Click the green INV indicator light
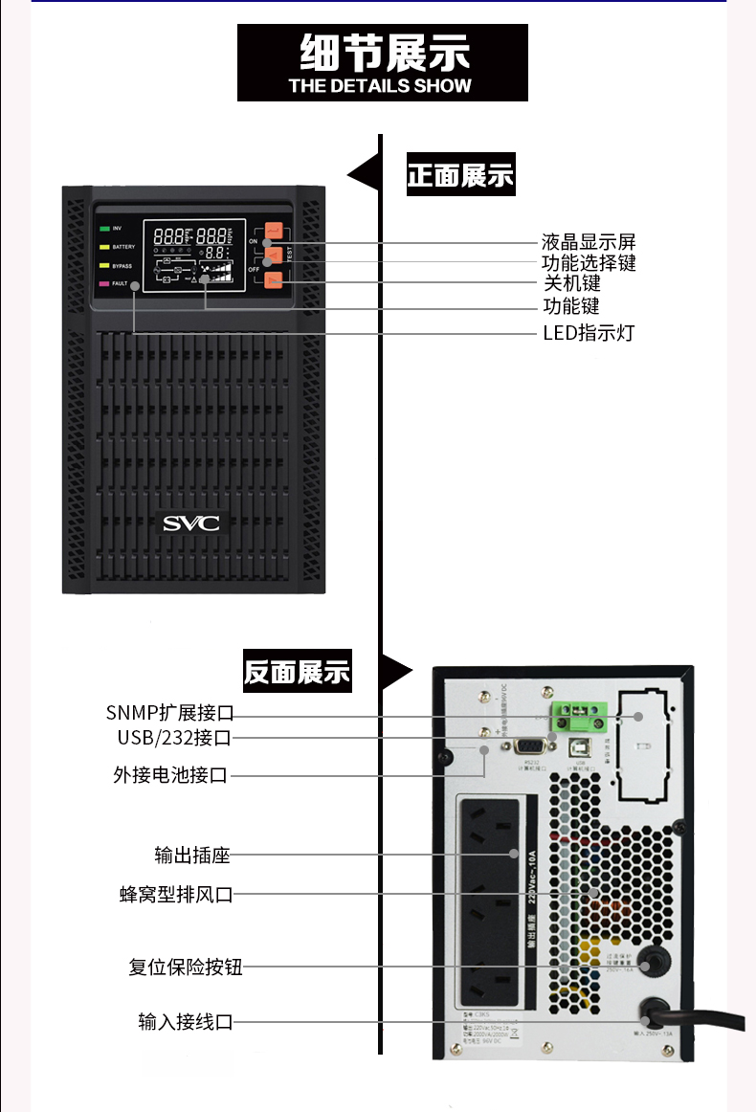click(x=104, y=229)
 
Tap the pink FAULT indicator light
click(x=104, y=284)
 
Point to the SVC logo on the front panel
click(x=190, y=523)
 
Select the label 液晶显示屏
click(x=589, y=241)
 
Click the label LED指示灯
click(x=589, y=333)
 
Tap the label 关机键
click(x=572, y=284)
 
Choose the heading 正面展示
click(x=460, y=176)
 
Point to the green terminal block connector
click(x=585, y=711)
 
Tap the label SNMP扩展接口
click(x=169, y=713)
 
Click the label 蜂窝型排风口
click(x=176, y=895)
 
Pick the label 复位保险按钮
click(x=186, y=967)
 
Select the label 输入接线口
click(x=186, y=1022)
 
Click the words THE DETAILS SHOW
click(x=380, y=85)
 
